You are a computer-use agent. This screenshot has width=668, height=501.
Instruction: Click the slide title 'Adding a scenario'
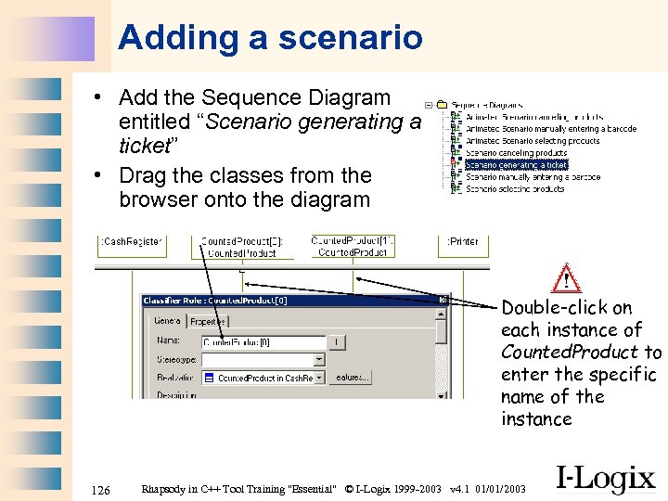[270, 38]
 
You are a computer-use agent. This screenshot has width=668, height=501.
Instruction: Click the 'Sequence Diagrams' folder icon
[442, 105]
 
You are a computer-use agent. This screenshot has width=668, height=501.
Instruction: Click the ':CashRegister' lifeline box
[131, 241]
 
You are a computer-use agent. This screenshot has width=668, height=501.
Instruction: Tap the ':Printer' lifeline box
[463, 241]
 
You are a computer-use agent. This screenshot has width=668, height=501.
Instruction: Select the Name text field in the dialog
[263, 342]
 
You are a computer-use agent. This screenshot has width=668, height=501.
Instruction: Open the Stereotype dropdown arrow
[318, 360]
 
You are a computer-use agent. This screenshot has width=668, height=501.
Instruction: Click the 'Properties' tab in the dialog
[207, 321]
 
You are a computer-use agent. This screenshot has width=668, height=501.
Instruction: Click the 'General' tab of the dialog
[167, 321]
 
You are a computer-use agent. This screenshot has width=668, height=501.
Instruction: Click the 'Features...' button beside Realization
[352, 378]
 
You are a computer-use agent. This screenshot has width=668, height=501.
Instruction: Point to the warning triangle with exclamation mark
[565, 278]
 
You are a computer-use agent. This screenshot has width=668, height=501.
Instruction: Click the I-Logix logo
[605, 478]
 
